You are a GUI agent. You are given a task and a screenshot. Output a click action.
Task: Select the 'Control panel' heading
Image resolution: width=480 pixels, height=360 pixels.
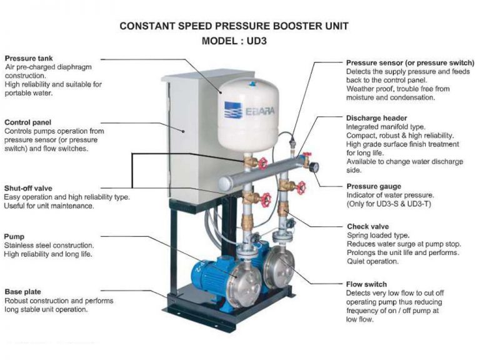point(27,122)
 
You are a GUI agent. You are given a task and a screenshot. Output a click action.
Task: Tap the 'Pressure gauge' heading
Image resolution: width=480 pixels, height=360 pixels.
point(374,186)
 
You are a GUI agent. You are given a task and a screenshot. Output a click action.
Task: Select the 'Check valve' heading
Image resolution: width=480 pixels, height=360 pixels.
point(367,226)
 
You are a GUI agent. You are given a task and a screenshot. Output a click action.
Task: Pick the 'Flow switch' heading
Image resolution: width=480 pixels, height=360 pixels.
point(366,284)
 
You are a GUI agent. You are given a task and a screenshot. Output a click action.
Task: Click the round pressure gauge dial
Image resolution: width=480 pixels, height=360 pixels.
point(312,167)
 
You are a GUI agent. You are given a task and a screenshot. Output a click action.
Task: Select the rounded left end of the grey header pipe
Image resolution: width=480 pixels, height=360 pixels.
point(224,181)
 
